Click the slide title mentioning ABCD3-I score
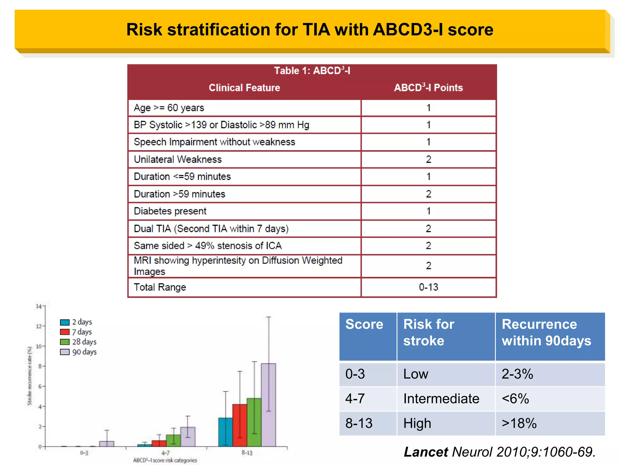[x=309, y=30]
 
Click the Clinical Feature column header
[x=244, y=88]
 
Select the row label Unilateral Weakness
[x=178, y=160]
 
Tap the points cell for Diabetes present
[x=428, y=211]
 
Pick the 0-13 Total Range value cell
[x=428, y=287]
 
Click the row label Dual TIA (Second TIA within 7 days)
[x=211, y=229]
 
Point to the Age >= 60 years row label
[x=169, y=108]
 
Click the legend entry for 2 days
[x=76, y=322]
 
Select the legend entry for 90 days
[x=78, y=352]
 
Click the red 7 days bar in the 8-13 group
[x=239, y=425]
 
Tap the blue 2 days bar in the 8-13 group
[x=225, y=432]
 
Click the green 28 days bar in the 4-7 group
[x=173, y=440]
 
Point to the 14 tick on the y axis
[x=38, y=306]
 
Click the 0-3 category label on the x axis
[x=84, y=453]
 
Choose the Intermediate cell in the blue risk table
[x=441, y=399]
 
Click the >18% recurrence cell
[x=519, y=423]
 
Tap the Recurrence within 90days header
[x=546, y=332]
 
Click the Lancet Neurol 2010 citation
[x=500, y=452]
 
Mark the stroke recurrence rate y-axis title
[x=29, y=376]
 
